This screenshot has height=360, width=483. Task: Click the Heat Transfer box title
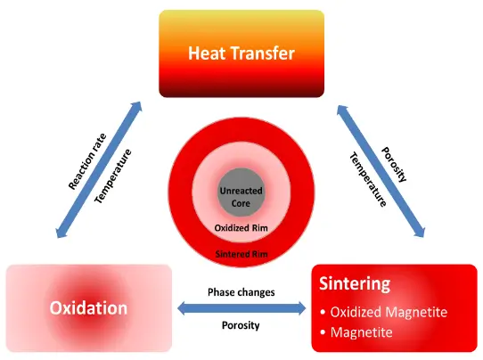click(241, 53)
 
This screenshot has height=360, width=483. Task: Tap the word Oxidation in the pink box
click(88, 307)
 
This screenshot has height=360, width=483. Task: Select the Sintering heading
click(355, 283)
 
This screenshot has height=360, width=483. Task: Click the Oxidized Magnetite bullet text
click(389, 312)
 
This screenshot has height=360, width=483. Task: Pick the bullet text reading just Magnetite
click(361, 332)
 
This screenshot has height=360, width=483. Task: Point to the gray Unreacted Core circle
click(241, 192)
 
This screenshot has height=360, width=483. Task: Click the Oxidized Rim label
click(241, 228)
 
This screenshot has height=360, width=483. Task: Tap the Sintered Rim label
click(241, 254)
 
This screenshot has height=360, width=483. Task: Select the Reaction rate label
click(87, 161)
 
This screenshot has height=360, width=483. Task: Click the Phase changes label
click(241, 292)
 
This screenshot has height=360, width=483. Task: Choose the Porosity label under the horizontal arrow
click(241, 325)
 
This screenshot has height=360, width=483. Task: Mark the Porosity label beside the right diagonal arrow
click(394, 164)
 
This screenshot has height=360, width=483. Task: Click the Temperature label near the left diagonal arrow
click(113, 176)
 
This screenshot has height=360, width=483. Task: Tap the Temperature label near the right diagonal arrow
click(368, 180)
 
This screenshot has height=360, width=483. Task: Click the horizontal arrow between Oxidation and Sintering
click(241, 308)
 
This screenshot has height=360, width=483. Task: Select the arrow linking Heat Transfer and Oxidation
click(99, 169)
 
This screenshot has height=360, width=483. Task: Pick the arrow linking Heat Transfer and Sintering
click(381, 171)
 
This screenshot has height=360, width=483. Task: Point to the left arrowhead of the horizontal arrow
click(184, 308)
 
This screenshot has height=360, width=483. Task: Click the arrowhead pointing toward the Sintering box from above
click(420, 231)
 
